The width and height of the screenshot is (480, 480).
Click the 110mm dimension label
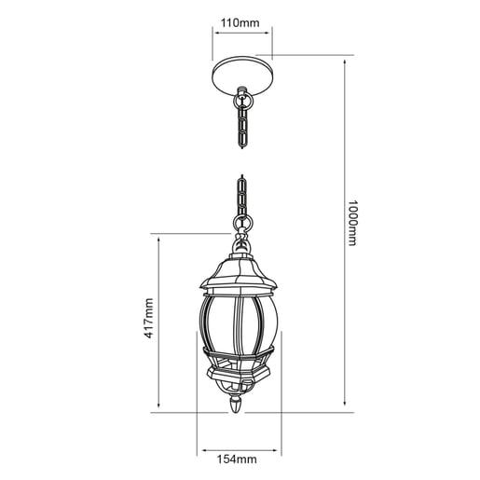[242, 21]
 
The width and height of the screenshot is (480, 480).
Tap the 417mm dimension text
[147, 320]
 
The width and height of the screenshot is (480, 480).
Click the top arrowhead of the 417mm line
[160, 237]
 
